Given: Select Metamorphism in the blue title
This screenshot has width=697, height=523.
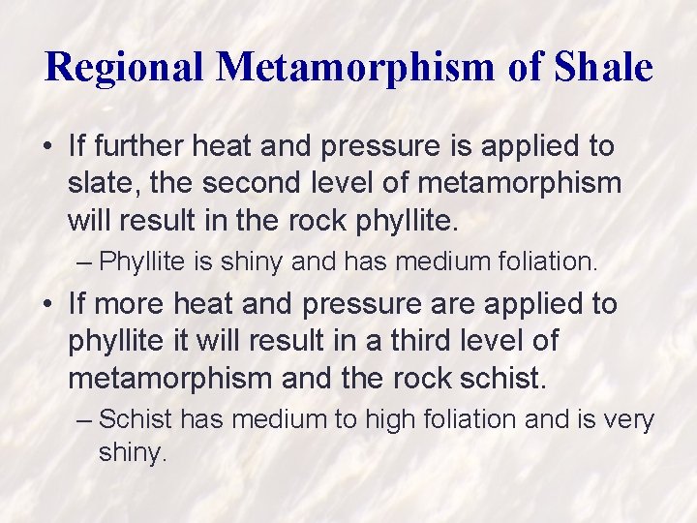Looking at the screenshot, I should coord(360,67).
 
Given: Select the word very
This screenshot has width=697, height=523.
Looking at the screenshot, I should coord(629,419).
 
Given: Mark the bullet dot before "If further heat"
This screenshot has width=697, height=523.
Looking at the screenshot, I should coord(48,147).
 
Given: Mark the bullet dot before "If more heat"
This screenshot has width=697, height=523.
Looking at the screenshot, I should coord(48,305).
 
